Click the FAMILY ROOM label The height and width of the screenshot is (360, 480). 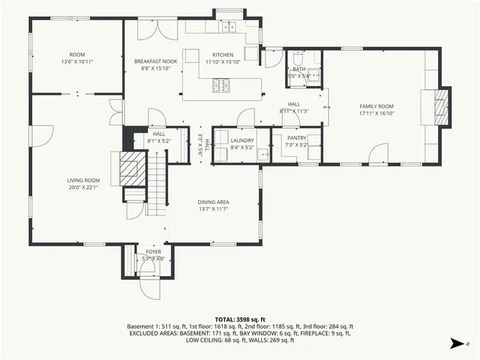(377, 106)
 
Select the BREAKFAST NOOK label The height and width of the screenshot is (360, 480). (154, 61)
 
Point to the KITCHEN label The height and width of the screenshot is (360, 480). (223, 55)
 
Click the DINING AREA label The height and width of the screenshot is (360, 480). (214, 202)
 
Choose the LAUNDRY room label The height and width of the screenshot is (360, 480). (242, 140)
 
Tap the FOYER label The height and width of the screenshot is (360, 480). (153, 252)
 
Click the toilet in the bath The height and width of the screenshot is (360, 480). (298, 58)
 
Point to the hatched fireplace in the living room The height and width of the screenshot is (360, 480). (128, 167)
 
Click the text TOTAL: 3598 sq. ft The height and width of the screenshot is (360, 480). (239, 319)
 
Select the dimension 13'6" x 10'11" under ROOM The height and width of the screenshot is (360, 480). (77, 61)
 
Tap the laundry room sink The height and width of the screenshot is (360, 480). (262, 155)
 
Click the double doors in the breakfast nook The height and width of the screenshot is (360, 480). (159, 31)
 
